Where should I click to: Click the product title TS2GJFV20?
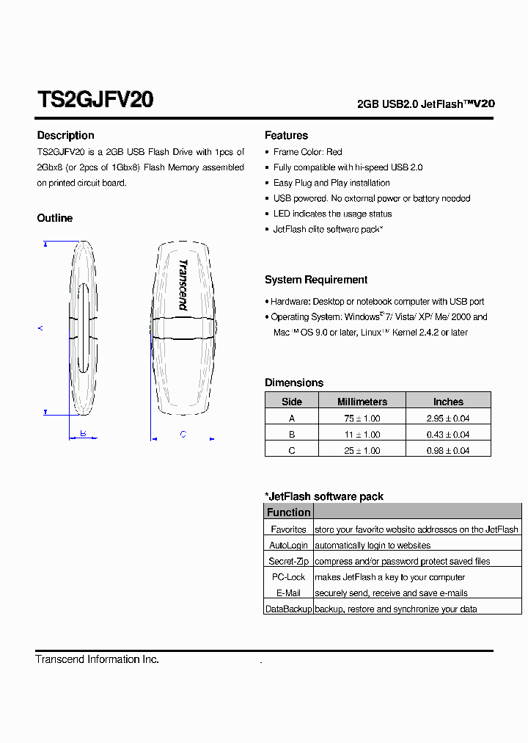coord(95,100)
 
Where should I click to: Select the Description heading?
coord(65,135)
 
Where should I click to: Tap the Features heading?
coord(286,135)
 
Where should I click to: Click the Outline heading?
coord(55,218)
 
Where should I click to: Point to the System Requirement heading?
coord(316,280)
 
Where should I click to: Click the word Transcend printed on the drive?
coord(183,285)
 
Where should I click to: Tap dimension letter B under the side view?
coord(84,433)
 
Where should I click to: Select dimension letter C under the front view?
coord(183,434)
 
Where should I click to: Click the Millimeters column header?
coord(362,402)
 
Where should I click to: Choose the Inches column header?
coord(448,402)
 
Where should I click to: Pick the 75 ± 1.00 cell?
coord(362,418)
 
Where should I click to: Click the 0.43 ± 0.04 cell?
coord(448,435)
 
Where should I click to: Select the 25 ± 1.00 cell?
coord(362,451)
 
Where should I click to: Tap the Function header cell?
coord(288,512)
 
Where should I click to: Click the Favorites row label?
coord(288,529)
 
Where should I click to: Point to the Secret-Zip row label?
coord(288,562)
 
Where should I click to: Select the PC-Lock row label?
coord(288,577)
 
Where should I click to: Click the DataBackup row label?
coord(288,609)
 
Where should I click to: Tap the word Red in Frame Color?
coord(334,152)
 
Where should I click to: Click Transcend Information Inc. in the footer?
coord(97,659)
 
